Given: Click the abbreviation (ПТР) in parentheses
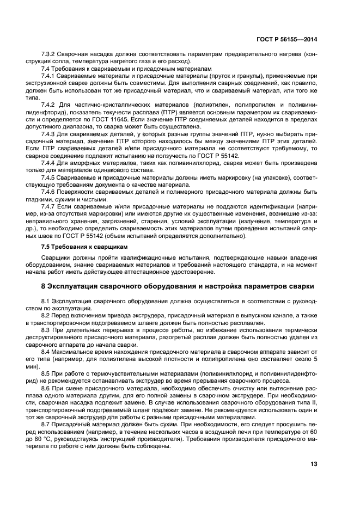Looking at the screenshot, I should (x=167, y=108).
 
